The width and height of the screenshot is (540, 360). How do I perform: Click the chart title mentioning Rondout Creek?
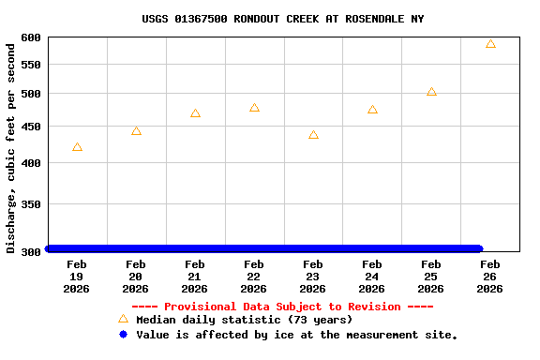click(283, 19)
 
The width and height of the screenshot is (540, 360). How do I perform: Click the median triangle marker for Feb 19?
click(77, 147)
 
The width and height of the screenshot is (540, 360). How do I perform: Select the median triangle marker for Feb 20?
click(136, 131)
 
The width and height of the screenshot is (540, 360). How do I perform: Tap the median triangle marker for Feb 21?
click(195, 113)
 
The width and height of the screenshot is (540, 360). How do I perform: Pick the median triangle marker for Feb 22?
click(254, 108)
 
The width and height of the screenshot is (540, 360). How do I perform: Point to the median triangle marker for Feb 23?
click(313, 135)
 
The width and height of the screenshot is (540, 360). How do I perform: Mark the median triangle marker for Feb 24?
click(372, 110)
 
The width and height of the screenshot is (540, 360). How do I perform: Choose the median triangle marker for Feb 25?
click(431, 92)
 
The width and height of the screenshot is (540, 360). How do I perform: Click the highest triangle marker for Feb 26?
click(490, 44)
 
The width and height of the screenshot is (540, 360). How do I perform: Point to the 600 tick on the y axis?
click(31, 37)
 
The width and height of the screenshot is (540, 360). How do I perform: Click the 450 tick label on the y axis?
click(31, 127)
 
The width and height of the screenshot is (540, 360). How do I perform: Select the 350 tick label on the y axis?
click(31, 204)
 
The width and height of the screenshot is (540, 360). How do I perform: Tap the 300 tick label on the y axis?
click(31, 251)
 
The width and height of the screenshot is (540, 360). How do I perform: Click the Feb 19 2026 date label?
click(77, 277)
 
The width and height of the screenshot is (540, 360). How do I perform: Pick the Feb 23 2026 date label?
click(313, 277)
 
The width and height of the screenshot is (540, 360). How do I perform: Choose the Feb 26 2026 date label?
click(490, 277)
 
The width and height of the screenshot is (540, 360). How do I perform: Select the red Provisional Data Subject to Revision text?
click(282, 307)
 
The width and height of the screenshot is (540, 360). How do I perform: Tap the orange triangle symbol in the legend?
click(123, 319)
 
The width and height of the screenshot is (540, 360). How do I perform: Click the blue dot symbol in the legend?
click(123, 334)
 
